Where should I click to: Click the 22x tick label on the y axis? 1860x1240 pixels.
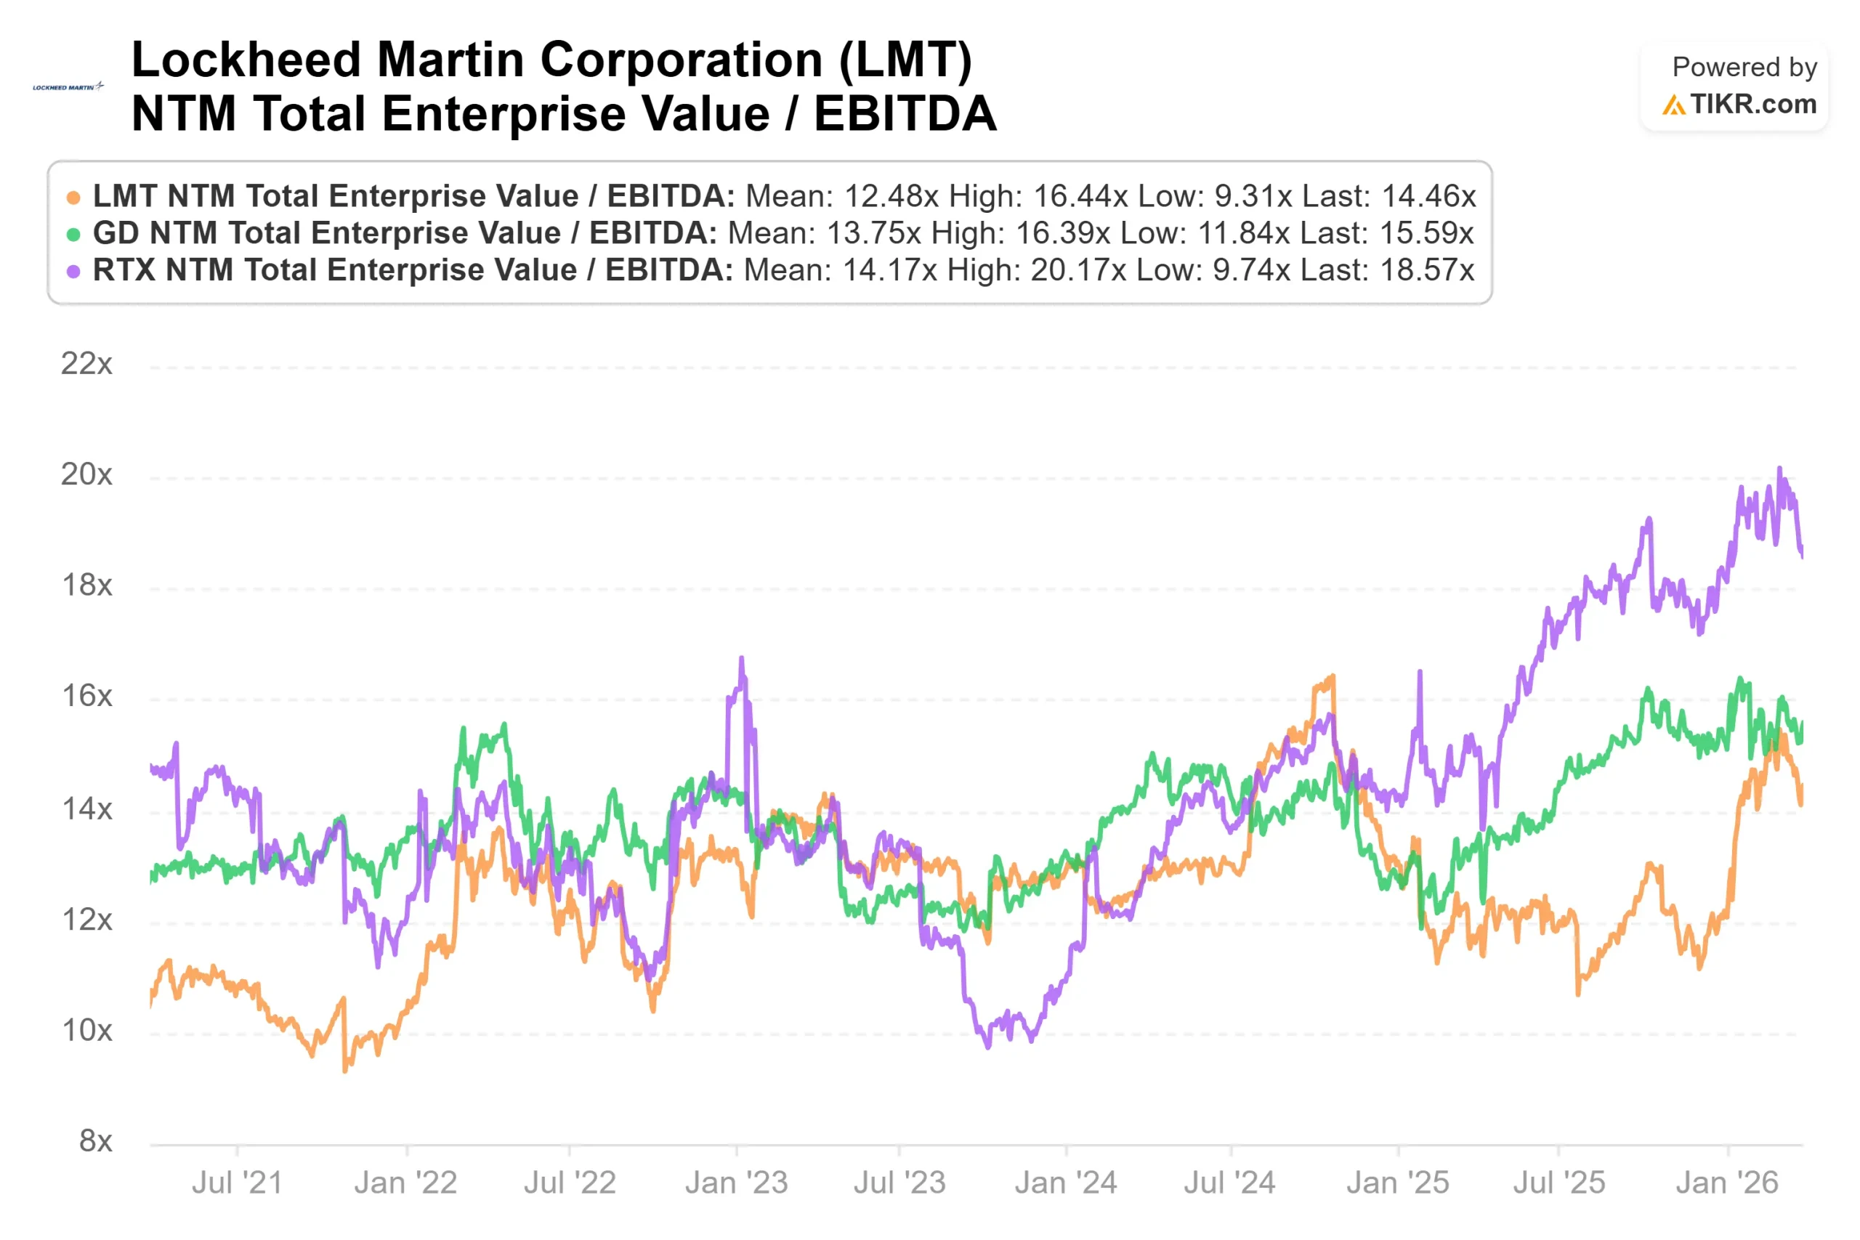[86, 364]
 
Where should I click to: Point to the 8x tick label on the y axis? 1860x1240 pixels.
[95, 1140]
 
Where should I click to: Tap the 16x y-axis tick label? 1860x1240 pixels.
[86, 696]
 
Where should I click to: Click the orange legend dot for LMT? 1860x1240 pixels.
[73, 198]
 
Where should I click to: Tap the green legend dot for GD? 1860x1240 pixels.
[73, 234]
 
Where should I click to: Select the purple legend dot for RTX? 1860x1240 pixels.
[73, 271]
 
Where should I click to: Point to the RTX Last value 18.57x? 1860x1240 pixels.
[1427, 270]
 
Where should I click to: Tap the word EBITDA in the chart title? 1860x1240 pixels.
[905, 113]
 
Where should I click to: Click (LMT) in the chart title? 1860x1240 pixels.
[905, 60]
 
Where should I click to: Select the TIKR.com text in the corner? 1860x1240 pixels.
[1752, 105]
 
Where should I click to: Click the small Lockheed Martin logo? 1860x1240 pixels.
[68, 87]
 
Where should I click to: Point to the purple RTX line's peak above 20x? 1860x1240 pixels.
[1779, 469]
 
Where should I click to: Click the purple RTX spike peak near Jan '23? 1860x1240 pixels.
[741, 658]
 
